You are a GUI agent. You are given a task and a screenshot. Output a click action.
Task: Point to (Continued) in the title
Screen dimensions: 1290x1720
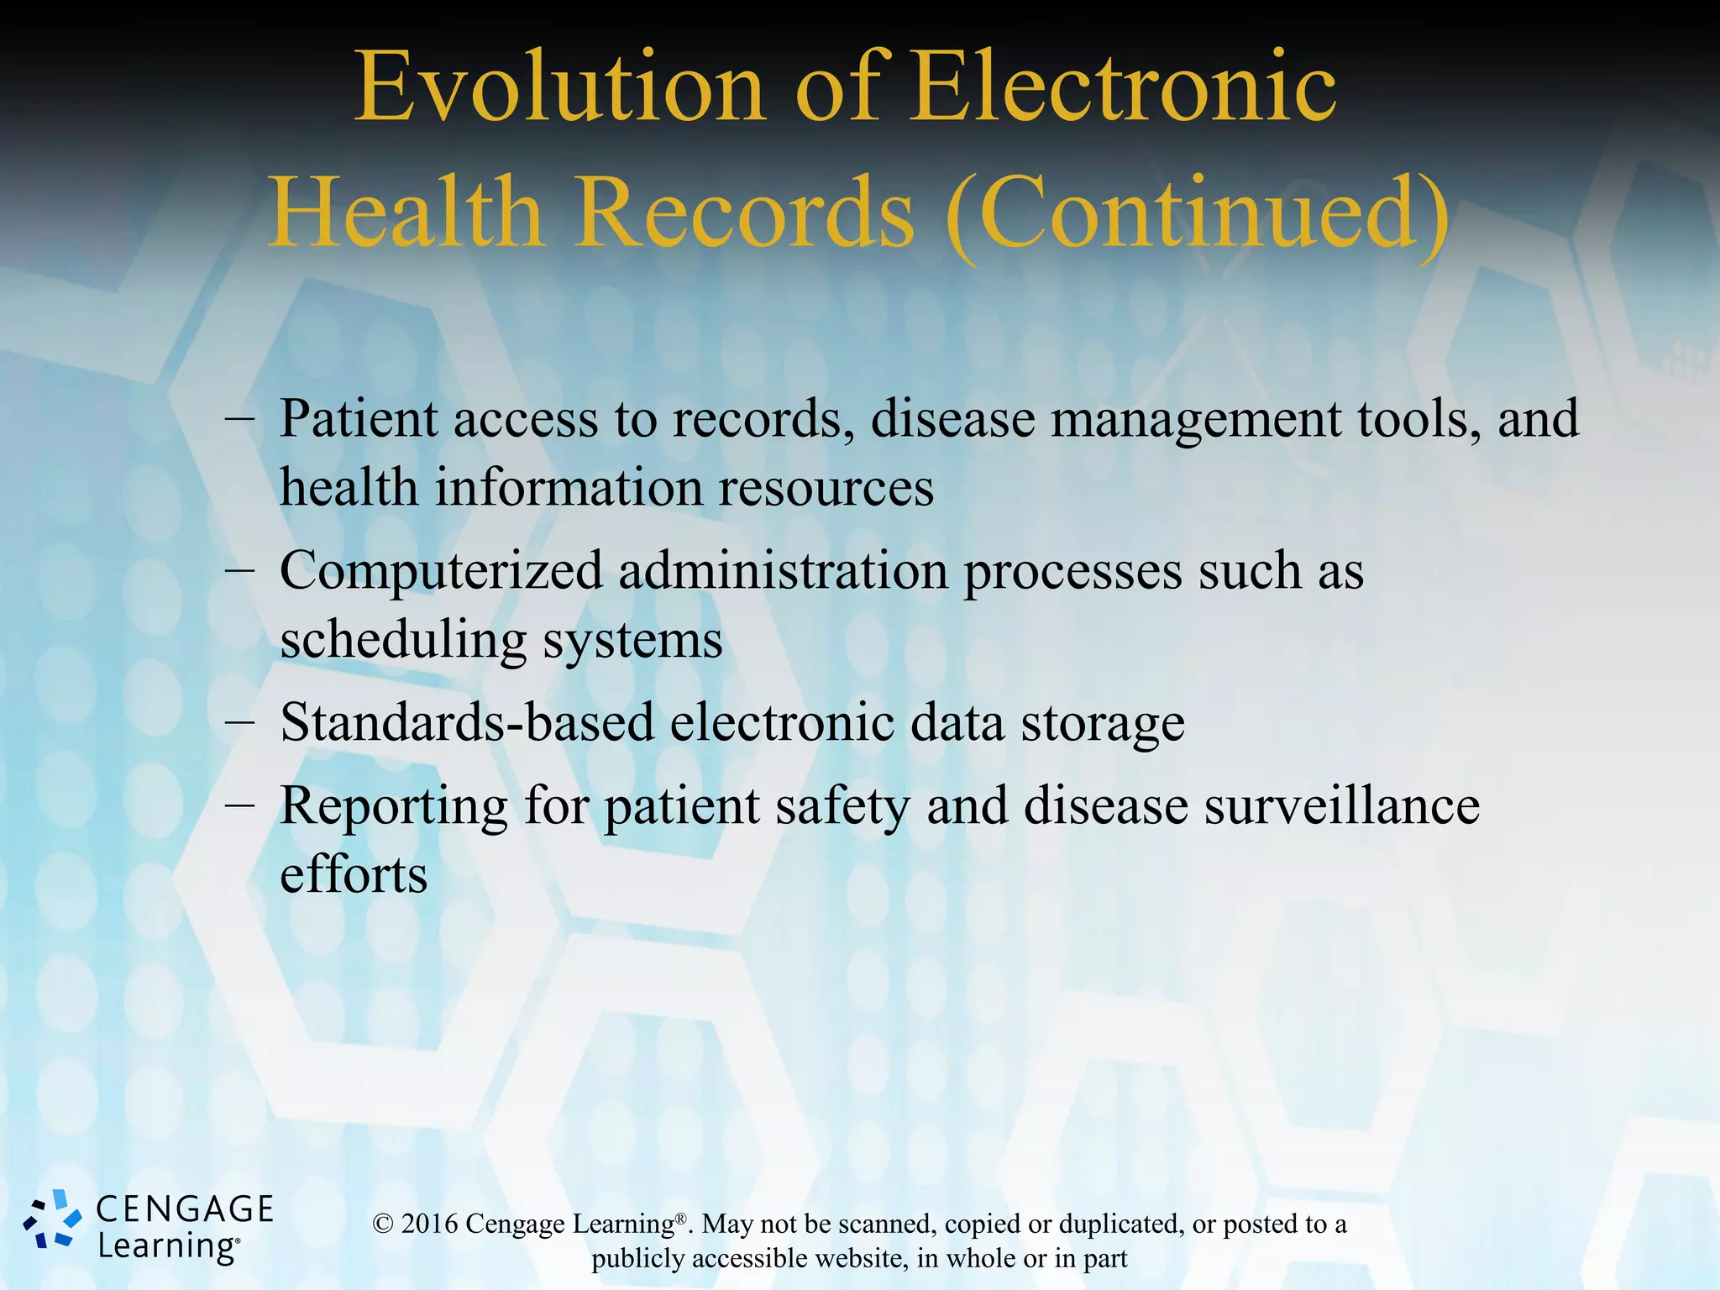[1198, 213]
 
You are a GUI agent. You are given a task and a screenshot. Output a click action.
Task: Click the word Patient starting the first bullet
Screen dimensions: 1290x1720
[359, 418]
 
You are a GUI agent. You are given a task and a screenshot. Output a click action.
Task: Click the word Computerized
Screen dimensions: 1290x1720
[441, 571]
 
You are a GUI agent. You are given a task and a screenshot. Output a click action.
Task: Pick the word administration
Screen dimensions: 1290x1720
[783, 571]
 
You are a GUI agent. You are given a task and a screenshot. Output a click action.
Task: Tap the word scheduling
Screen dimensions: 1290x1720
[403, 641]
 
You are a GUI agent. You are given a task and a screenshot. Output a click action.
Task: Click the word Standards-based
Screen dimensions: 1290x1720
[467, 721]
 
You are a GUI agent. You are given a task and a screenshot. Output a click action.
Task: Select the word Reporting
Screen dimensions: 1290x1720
[393, 806]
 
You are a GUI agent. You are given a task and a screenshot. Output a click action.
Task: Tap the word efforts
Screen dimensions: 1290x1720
[354, 874]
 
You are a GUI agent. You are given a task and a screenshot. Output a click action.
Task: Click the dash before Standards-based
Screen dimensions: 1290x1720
[240, 723]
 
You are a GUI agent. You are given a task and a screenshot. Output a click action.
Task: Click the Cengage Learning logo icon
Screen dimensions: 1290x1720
[52, 1219]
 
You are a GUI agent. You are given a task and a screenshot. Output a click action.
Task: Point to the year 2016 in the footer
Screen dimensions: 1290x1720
[429, 1224]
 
